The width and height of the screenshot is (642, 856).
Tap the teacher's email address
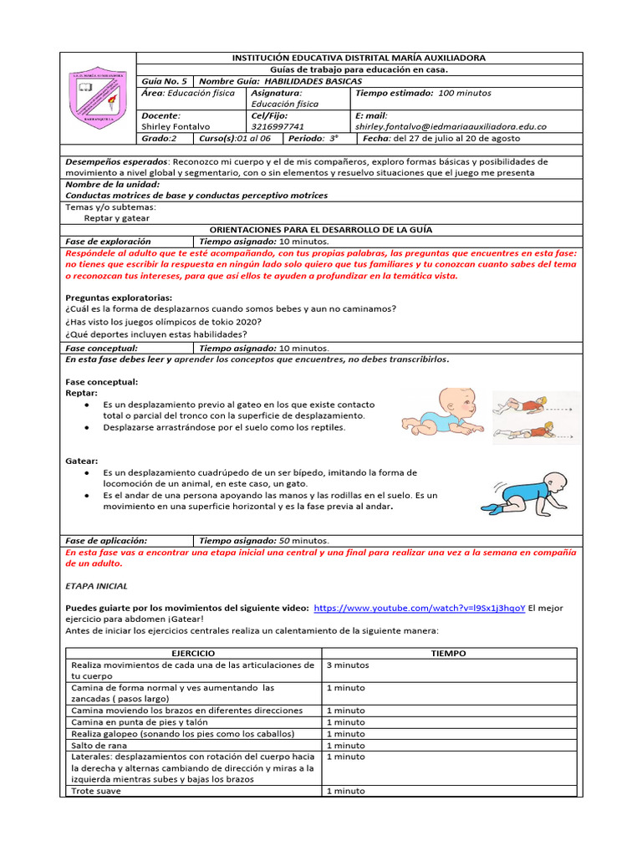coord(451,126)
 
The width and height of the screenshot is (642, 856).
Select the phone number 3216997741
coord(279,126)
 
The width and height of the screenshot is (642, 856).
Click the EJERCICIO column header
coord(192,653)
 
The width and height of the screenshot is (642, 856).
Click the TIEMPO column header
coord(448,653)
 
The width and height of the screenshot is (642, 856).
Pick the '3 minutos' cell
coord(347,665)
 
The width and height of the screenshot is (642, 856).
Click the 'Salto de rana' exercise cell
coord(98,745)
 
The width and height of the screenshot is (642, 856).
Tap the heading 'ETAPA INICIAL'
coord(96,586)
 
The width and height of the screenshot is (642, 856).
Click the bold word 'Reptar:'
coord(81,392)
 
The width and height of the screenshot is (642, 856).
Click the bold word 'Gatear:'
coord(82,461)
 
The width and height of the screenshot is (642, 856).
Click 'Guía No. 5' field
coord(164,81)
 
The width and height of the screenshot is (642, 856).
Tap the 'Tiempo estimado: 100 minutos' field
coord(423,93)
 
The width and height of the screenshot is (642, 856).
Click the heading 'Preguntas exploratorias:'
coord(119,297)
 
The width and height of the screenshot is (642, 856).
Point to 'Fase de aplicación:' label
coord(106,540)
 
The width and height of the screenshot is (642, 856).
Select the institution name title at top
coord(357,58)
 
